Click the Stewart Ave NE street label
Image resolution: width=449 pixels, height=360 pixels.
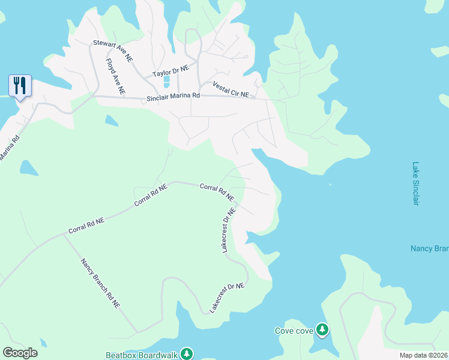click(x=112, y=51)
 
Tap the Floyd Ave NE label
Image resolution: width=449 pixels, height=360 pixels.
click(x=115, y=76)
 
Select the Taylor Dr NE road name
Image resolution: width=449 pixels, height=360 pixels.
click(x=170, y=73)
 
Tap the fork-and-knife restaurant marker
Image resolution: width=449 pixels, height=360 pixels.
click(x=20, y=86)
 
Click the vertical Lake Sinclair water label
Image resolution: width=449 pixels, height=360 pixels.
click(x=415, y=183)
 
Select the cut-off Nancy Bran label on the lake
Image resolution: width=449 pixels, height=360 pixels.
click(x=429, y=248)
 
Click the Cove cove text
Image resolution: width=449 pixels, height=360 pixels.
click(x=294, y=331)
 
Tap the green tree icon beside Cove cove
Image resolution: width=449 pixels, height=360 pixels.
click(x=323, y=329)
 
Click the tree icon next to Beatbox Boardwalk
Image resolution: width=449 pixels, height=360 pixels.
click(x=187, y=353)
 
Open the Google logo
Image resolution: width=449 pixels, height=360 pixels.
click(x=20, y=353)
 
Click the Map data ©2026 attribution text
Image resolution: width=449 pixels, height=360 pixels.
click(x=423, y=355)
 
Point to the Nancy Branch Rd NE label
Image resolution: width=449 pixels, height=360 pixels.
click(x=100, y=283)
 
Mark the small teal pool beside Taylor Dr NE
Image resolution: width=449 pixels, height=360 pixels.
click(x=166, y=80)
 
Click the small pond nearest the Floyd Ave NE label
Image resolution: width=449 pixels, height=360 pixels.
click(x=111, y=120)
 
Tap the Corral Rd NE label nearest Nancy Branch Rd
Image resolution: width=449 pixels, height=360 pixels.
click(x=86, y=226)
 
